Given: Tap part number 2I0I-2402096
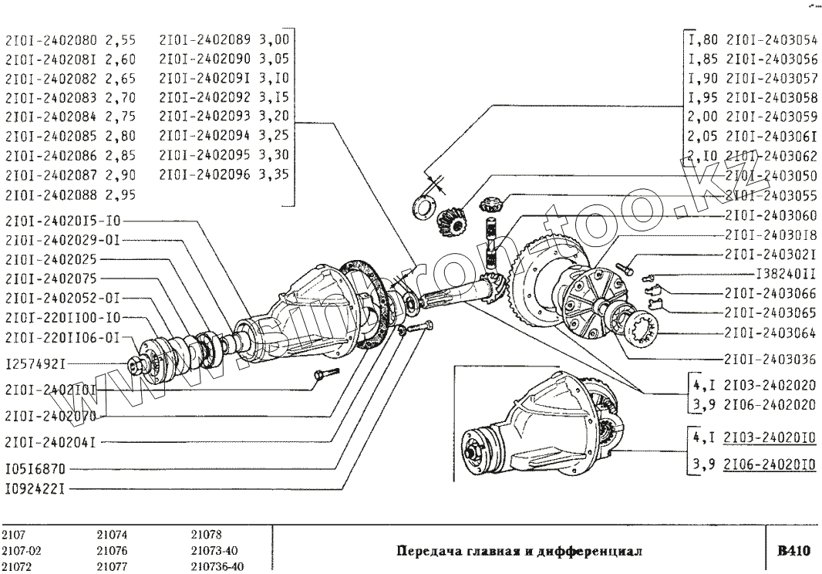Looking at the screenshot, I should [x=205, y=174].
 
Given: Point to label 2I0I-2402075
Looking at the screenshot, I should [x=51, y=278].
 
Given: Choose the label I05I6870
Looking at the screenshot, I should [x=35, y=468].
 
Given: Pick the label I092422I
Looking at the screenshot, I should [x=35, y=488].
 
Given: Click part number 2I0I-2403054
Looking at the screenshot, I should [x=772, y=40].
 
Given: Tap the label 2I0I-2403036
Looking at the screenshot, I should [x=772, y=359].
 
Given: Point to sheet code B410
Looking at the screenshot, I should [x=793, y=551].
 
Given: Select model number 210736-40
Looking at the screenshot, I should [x=217, y=567].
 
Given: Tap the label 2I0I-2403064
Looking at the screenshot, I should [x=772, y=333].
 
